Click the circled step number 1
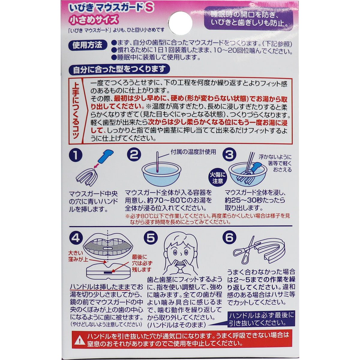click(x=76, y=155)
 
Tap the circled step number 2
click(x=134, y=154)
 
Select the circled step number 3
click(x=229, y=154)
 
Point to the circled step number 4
click(x=76, y=238)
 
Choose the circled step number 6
click(x=229, y=238)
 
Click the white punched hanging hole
click(x=180, y=23)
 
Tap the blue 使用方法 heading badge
click(x=88, y=45)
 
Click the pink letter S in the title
click(x=149, y=8)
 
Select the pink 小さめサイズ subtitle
click(x=94, y=20)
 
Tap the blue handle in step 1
click(x=105, y=157)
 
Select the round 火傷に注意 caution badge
click(x=217, y=178)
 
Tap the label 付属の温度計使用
click(x=193, y=152)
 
